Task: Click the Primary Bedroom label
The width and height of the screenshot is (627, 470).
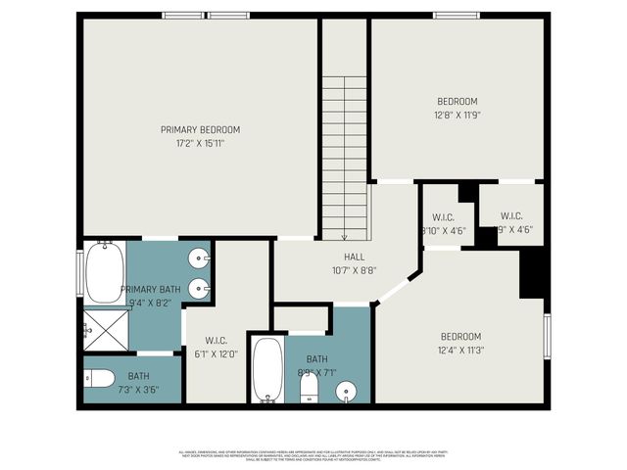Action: (x=200, y=129)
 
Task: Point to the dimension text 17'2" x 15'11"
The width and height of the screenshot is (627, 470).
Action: (x=200, y=143)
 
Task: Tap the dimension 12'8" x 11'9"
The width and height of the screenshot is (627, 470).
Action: (x=457, y=115)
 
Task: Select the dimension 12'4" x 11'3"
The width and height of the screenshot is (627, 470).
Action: (x=460, y=350)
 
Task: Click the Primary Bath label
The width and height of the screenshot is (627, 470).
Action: (x=150, y=290)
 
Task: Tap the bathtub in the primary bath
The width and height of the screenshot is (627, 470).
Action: (x=104, y=271)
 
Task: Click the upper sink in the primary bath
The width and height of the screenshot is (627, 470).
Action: (x=200, y=259)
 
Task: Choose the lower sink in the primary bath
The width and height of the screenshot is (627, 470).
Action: (x=200, y=288)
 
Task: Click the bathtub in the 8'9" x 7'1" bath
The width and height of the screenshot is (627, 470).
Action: (x=267, y=369)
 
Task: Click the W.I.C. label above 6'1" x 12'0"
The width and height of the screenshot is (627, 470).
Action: (x=217, y=341)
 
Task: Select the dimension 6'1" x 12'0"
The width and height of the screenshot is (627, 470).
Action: (x=217, y=354)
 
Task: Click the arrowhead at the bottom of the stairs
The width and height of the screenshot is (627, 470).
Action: (x=345, y=236)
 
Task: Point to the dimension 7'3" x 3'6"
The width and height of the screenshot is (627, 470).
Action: (x=138, y=390)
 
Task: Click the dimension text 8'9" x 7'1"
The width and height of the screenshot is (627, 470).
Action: (x=316, y=373)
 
